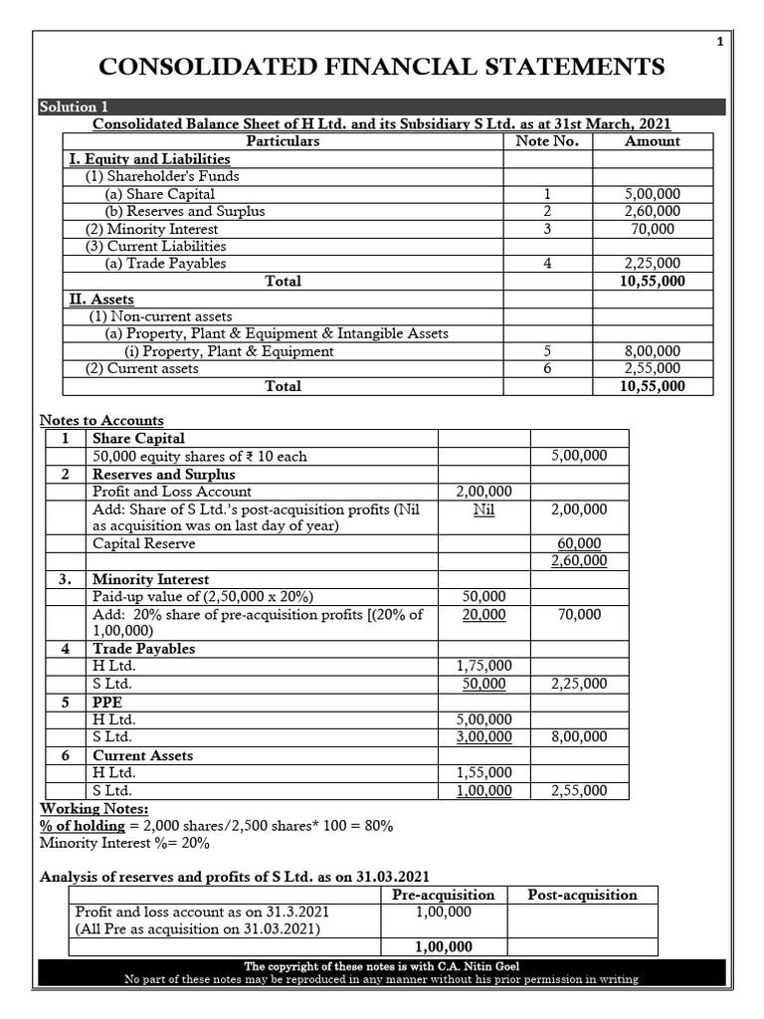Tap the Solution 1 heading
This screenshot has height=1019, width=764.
[x=68, y=107]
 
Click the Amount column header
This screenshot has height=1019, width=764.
[x=652, y=141]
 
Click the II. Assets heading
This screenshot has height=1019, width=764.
[x=100, y=299]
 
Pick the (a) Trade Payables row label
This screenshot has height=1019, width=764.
[x=165, y=264]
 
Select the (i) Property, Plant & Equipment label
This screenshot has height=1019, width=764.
[x=229, y=351]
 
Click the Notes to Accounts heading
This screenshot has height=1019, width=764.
[x=101, y=421]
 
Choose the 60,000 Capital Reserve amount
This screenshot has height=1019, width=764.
[x=580, y=543]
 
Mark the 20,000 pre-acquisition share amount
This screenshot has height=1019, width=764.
[x=483, y=614]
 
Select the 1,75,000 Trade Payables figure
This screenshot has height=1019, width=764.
[x=483, y=666]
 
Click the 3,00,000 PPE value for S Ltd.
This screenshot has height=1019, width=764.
[x=483, y=736]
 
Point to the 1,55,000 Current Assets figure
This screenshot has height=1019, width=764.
[x=483, y=772]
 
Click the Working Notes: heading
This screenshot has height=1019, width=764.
[x=94, y=809]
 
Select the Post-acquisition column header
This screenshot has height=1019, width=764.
[x=582, y=895]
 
